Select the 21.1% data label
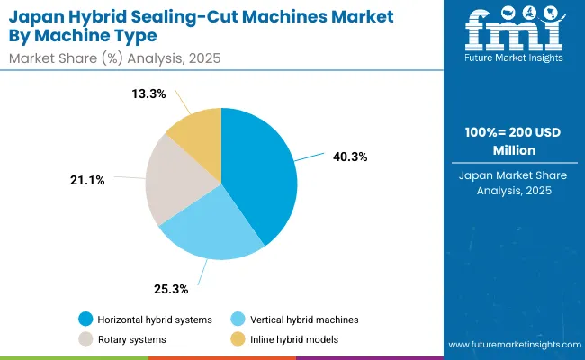(x=86, y=180)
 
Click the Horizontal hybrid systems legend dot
(x=85, y=319)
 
